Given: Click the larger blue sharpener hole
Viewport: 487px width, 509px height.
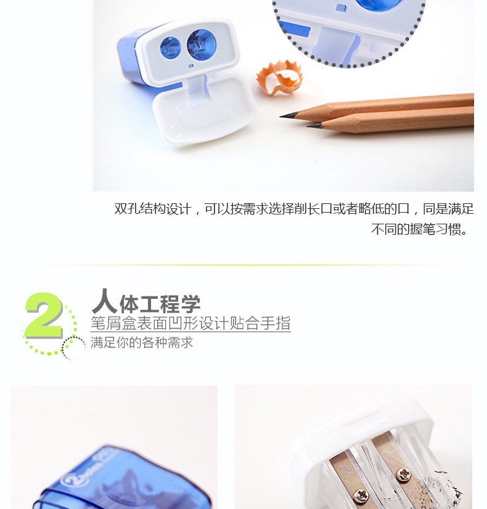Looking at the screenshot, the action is pyautogui.click(x=202, y=44).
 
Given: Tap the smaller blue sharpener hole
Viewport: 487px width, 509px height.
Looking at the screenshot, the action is pyautogui.click(x=170, y=47).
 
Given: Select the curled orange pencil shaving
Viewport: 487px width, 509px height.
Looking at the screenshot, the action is pyautogui.click(x=279, y=78).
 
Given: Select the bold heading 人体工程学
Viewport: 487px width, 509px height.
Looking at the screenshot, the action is pyautogui.click(x=146, y=302).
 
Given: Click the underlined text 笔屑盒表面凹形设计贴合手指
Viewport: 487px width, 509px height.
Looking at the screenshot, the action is pyautogui.click(x=190, y=323).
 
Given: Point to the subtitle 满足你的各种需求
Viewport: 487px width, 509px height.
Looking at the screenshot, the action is pyautogui.click(x=142, y=343).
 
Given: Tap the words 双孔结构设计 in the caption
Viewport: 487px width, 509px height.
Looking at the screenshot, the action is pyautogui.click(x=153, y=209).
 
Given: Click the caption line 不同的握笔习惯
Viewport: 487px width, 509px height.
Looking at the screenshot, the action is pyautogui.click(x=419, y=229).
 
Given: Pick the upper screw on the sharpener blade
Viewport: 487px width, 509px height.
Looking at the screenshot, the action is pyautogui.click(x=404, y=475).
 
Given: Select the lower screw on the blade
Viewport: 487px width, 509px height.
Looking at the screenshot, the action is pyautogui.click(x=361, y=496).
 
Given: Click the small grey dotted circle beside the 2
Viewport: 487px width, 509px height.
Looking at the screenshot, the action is pyautogui.click(x=73, y=348).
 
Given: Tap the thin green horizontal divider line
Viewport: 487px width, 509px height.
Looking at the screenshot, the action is pyautogui.click(x=247, y=265).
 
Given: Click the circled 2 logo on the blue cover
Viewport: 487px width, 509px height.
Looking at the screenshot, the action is pyautogui.click(x=70, y=481).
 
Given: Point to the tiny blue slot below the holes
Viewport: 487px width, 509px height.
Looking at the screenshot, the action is pyautogui.click(x=191, y=66).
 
